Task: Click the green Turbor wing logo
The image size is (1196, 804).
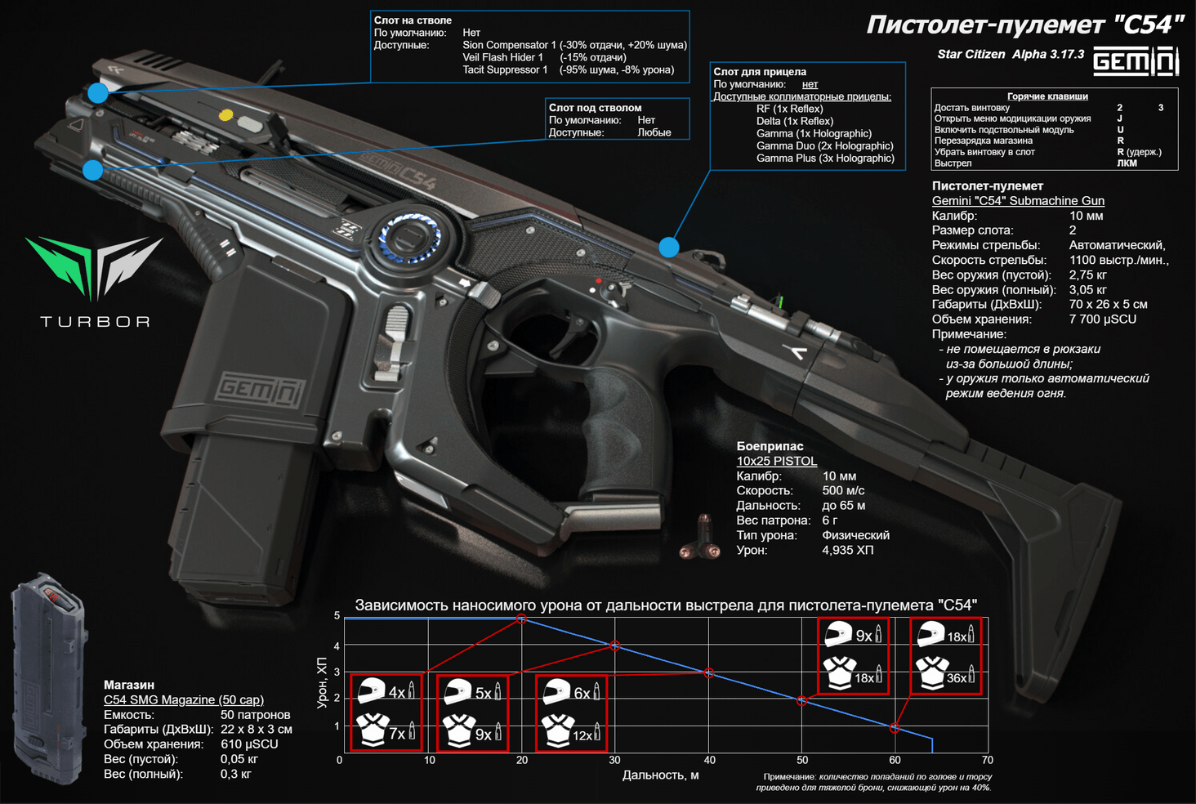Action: point(94,266)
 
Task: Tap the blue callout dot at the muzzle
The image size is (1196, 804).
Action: point(98,93)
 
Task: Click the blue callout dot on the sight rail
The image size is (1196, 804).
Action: point(669,247)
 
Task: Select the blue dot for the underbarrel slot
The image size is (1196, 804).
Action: point(93,170)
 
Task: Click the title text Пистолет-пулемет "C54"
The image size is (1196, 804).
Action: point(1024,25)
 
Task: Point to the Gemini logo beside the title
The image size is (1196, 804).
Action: point(1136,60)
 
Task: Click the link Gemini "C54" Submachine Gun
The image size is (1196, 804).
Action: point(1018,201)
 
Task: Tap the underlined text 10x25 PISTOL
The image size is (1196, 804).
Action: point(776,462)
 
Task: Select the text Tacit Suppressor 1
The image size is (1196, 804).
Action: point(505,70)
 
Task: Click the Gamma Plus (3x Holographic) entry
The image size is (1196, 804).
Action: point(825,159)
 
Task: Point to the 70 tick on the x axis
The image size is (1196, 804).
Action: point(987,760)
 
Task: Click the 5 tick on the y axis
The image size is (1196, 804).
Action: point(337,616)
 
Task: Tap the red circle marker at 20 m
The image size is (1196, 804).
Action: point(522,619)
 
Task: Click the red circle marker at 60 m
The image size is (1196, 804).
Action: point(895,727)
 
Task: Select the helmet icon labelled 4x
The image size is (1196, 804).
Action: point(372,691)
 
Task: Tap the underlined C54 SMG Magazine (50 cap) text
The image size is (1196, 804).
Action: point(184,700)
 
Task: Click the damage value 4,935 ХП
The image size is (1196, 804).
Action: point(847,551)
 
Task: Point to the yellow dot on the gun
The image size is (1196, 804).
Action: point(226,115)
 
